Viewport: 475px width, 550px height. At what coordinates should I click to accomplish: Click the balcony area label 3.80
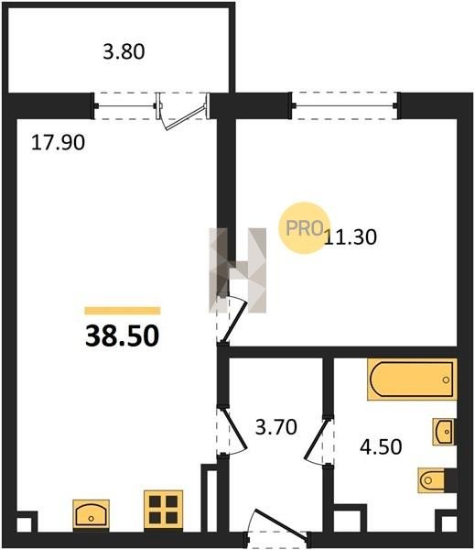tap(124, 51)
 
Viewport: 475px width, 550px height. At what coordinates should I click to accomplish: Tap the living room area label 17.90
tap(59, 143)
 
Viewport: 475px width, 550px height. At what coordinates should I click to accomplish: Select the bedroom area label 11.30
tap(351, 236)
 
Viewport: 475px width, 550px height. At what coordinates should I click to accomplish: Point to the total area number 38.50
tap(123, 335)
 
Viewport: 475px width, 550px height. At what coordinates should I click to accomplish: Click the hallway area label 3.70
tap(276, 427)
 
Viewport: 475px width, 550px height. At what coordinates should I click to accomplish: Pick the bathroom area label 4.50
tap(381, 447)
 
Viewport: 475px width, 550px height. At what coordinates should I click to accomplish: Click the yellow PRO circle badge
tap(304, 228)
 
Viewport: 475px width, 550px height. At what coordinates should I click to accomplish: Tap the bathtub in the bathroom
tap(412, 379)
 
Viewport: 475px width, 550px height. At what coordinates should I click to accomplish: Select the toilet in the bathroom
tap(432, 479)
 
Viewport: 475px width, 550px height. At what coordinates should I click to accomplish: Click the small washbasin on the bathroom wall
tap(444, 432)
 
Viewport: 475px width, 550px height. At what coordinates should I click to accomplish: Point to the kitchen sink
tap(92, 514)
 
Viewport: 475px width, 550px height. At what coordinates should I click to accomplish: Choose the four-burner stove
tap(164, 509)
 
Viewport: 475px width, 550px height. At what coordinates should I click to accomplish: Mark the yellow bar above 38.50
tap(123, 311)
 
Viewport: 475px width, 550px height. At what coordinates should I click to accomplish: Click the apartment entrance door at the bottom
tap(280, 522)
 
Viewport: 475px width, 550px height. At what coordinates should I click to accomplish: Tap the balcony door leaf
tap(185, 117)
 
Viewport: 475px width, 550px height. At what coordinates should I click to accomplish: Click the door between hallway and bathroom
tap(315, 438)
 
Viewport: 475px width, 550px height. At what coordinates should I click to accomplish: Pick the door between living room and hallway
tap(234, 430)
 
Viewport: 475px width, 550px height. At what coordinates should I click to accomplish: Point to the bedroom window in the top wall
tap(345, 105)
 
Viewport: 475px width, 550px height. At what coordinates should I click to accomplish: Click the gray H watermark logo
tap(238, 270)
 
